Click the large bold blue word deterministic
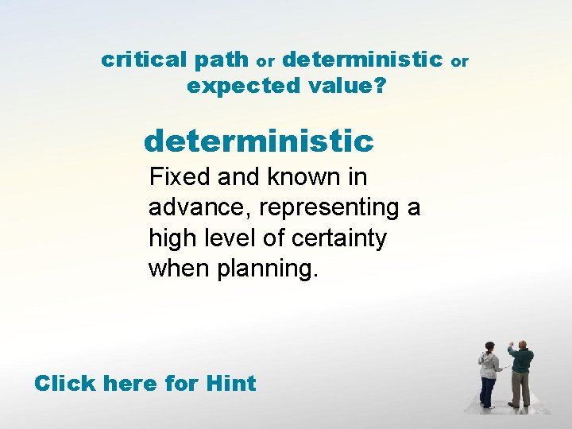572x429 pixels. click(258, 142)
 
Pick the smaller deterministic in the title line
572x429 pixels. click(362, 60)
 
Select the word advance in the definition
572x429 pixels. click(198, 207)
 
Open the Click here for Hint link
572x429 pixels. click(145, 384)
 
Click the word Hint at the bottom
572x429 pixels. click(230, 384)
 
